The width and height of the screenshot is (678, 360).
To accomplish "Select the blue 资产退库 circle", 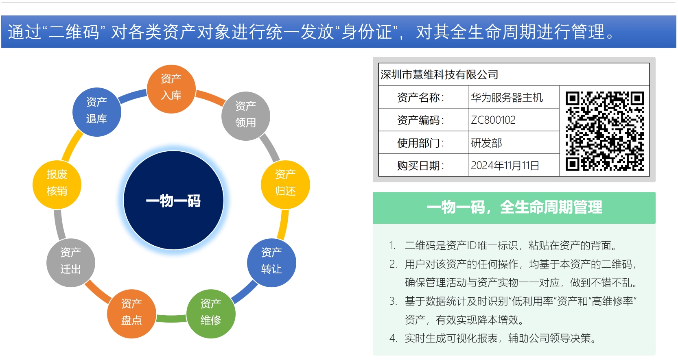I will coord(96,112).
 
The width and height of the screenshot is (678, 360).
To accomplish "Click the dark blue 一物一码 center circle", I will coord(173,200).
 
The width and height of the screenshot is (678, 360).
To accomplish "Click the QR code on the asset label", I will coord(604,131).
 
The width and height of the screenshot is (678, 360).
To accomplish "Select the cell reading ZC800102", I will coord(493,120).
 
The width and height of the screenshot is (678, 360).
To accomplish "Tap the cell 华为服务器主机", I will coord(507,98).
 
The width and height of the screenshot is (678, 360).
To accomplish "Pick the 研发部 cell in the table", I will coord(486,143).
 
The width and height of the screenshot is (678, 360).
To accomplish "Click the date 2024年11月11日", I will coord(505,166).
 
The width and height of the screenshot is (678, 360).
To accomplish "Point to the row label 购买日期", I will coord(420,166).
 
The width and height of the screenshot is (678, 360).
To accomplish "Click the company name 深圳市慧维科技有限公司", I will coord(439,74).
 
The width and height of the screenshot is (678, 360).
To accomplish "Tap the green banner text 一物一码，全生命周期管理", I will coord(514,207).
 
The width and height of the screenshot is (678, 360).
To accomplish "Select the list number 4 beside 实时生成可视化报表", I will coord(393,338).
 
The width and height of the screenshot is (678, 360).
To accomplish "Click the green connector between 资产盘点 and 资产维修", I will coord(171,319).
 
